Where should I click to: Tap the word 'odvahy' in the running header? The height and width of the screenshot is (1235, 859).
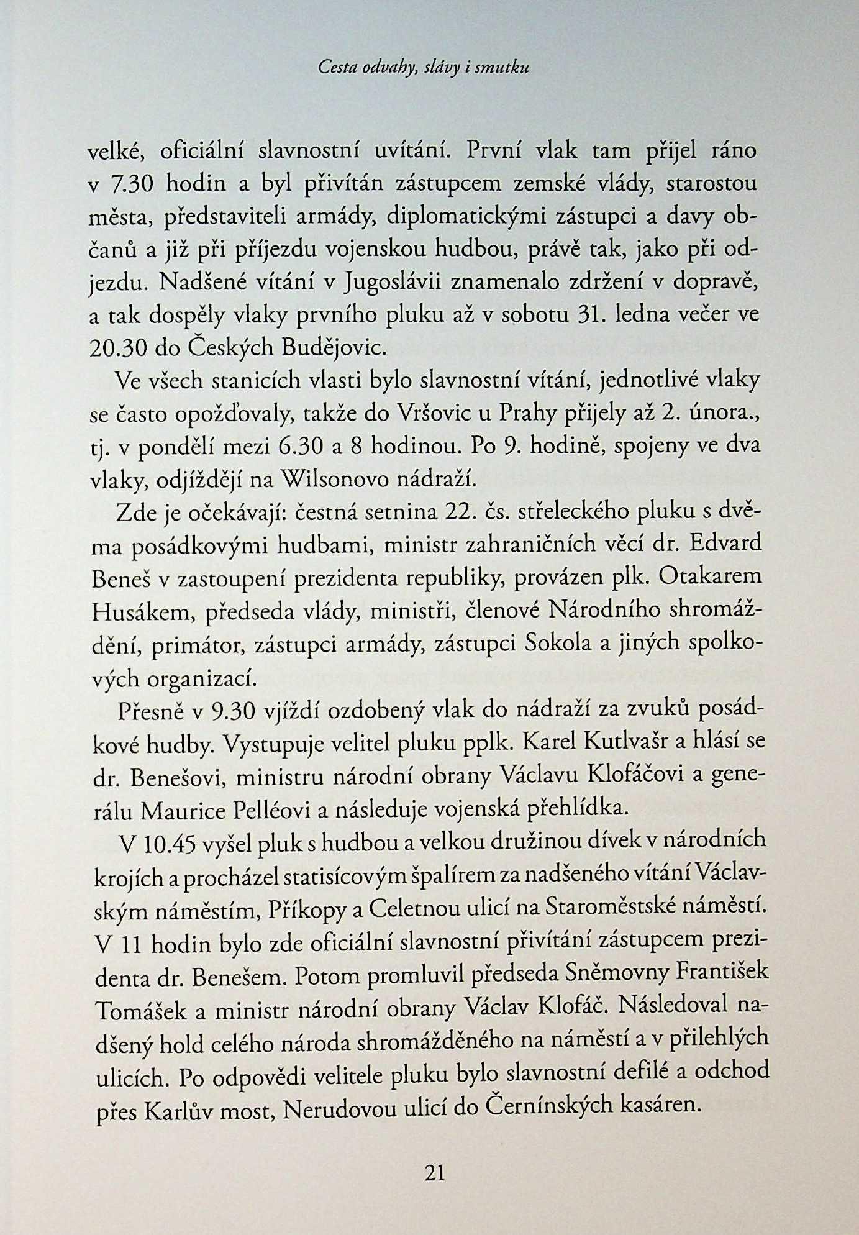(389, 68)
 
